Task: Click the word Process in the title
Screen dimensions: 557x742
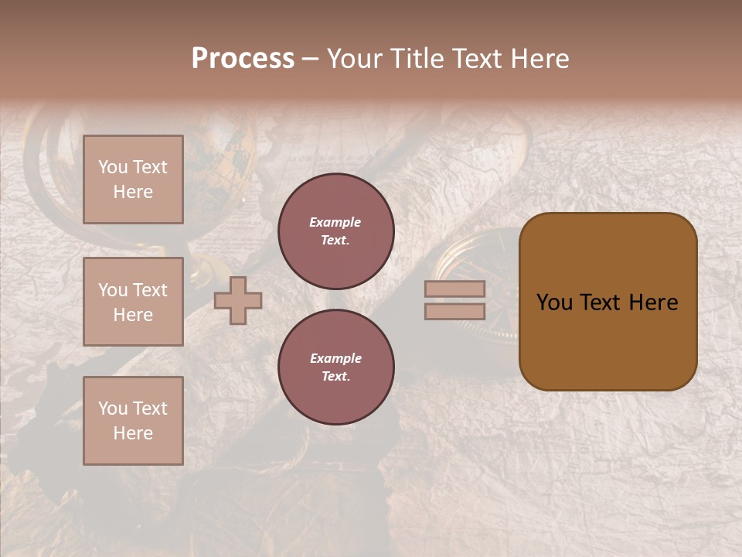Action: [243, 59]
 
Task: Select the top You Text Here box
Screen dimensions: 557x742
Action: [133, 179]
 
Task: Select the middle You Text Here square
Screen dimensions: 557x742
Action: [133, 302]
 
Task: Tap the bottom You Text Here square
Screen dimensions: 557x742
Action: [133, 421]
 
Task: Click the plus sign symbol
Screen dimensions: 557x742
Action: [238, 300]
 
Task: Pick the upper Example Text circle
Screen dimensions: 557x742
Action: [335, 231]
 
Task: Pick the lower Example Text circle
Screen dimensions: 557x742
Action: [335, 367]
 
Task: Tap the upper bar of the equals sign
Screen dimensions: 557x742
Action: [454, 289]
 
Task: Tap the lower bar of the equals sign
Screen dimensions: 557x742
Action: [454, 311]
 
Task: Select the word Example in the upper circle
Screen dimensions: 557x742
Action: [335, 222]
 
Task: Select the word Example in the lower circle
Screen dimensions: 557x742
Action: [335, 358]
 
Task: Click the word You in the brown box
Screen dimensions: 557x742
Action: [554, 302]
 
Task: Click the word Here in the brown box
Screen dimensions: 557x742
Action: [653, 302]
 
